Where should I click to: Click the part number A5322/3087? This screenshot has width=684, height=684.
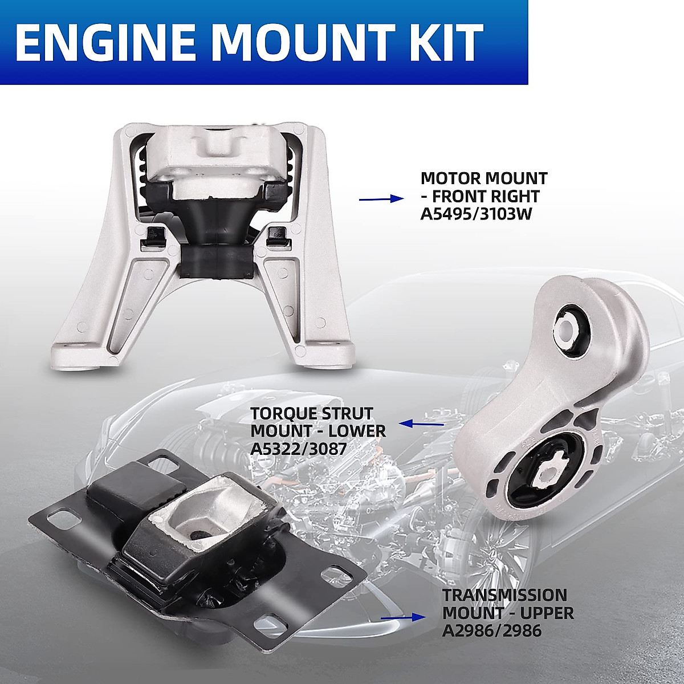pyautogui.click(x=298, y=449)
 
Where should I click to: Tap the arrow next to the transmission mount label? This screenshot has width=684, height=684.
pyautogui.click(x=402, y=617)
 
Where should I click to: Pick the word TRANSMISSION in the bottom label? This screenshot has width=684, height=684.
pyautogui.click(x=505, y=595)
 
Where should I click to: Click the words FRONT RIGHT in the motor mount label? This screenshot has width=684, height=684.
pyautogui.click(x=485, y=196)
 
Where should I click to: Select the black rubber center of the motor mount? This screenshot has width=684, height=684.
pyautogui.click(x=214, y=228)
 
